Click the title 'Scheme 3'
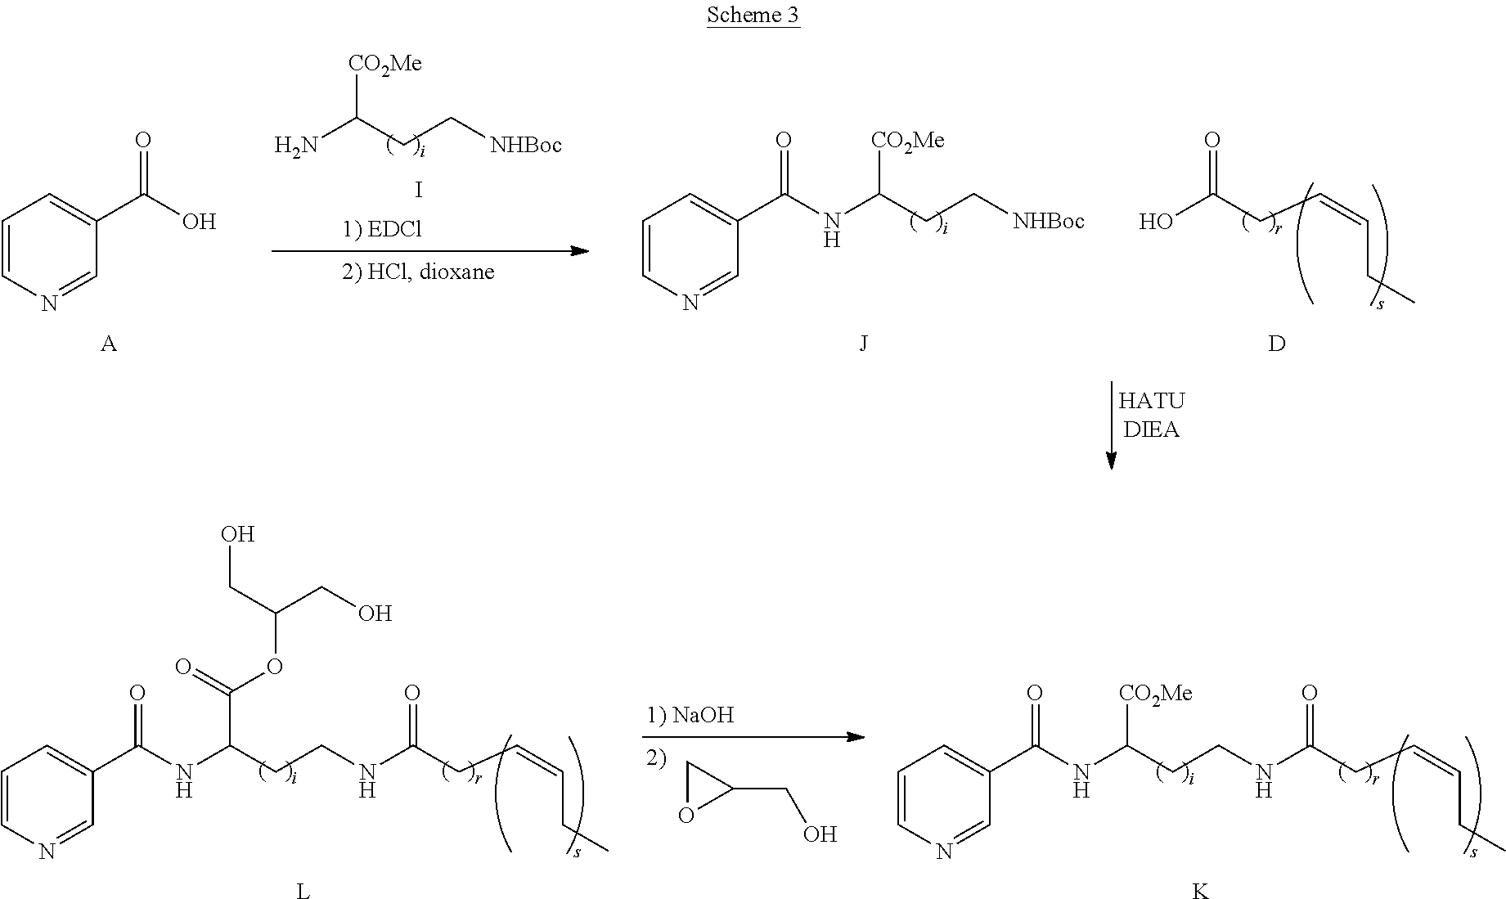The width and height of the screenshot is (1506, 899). [753, 16]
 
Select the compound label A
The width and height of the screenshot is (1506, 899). [109, 344]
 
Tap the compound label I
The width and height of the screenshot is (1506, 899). [419, 191]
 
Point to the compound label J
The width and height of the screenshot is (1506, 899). [864, 344]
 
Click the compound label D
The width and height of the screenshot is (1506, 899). [1276, 344]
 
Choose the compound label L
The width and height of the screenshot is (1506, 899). [303, 891]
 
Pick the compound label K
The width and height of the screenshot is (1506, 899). [1200, 891]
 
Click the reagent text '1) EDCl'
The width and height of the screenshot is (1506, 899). [382, 230]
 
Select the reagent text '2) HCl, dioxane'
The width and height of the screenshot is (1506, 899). [418, 272]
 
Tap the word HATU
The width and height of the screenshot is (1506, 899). [1151, 401]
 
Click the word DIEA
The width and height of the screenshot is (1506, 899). [1151, 429]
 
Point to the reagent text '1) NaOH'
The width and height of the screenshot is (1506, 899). [690, 715]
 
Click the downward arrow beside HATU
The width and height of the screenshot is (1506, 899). [1111, 425]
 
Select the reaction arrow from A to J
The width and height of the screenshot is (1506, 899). [430, 250]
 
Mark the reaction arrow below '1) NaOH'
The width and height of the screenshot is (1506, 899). [753, 737]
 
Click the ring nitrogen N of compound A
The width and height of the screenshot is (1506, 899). [49, 303]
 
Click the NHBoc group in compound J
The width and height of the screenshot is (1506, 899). [1049, 220]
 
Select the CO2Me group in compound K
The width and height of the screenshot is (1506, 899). [1155, 694]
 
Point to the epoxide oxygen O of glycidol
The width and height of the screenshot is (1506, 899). [686, 814]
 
